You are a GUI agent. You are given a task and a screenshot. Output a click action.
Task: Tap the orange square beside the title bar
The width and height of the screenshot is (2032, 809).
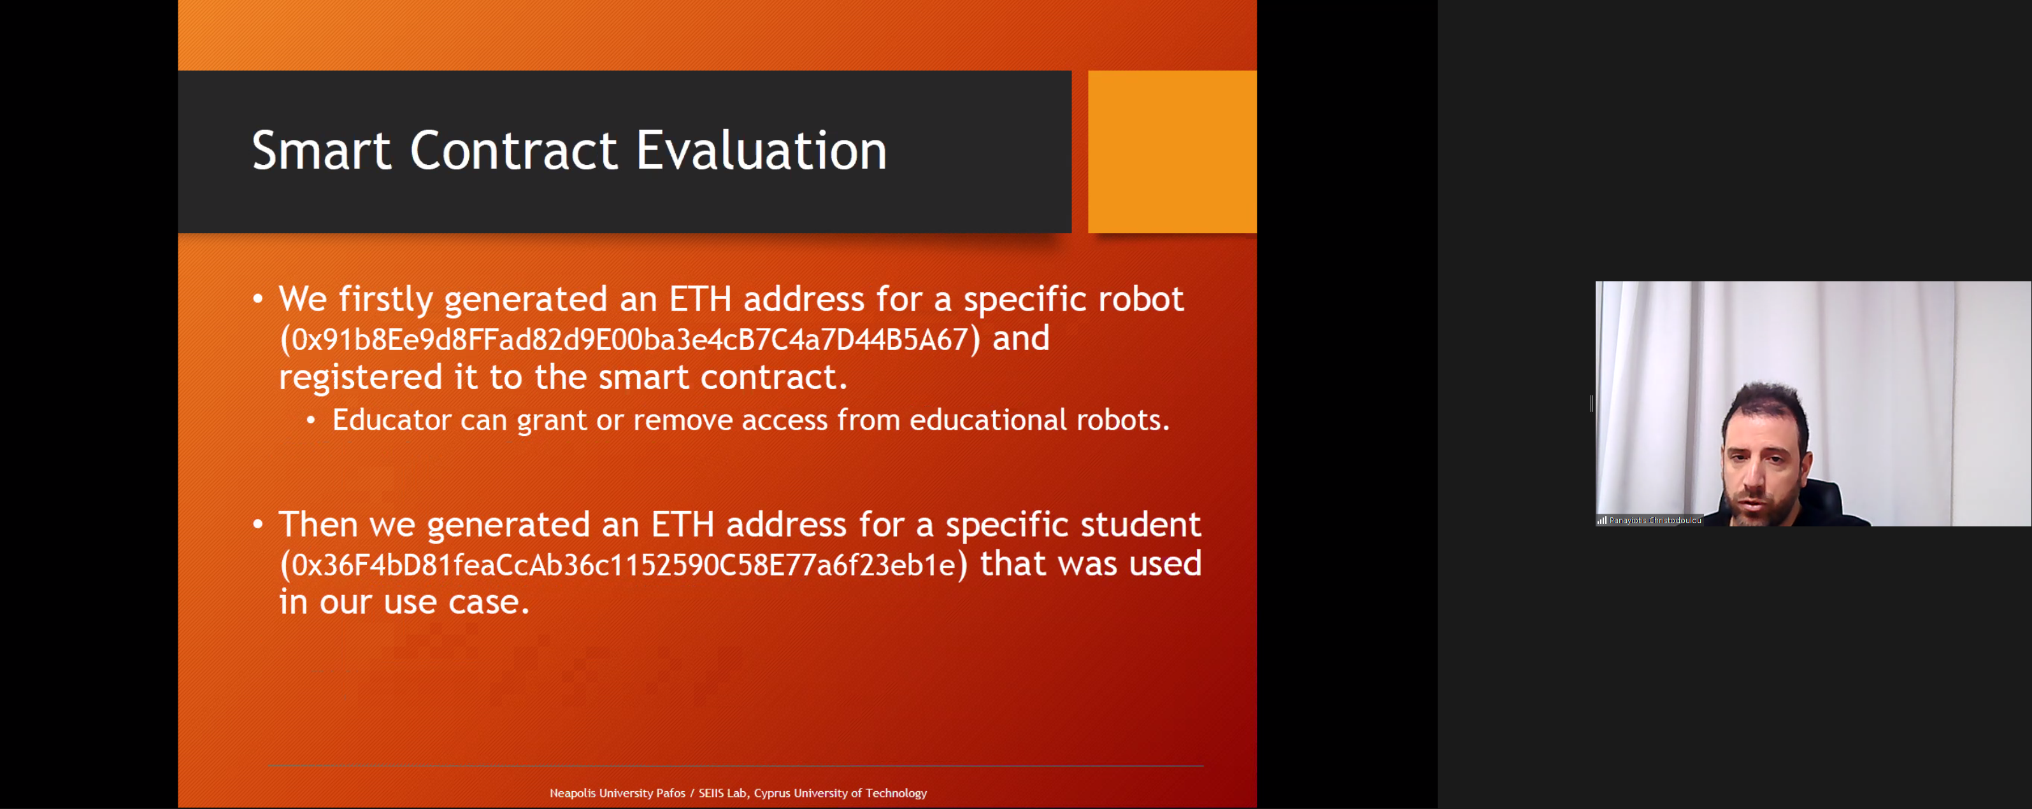click(1172, 151)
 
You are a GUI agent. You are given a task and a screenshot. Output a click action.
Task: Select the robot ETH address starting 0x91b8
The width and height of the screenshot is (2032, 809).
click(629, 340)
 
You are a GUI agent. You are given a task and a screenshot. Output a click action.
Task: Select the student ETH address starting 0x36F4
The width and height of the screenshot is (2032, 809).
click(623, 565)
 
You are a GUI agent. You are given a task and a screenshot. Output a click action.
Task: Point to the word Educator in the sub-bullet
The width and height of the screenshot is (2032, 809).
click(391, 419)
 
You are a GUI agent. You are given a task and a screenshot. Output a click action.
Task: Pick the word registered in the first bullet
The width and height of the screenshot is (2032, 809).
click(361, 377)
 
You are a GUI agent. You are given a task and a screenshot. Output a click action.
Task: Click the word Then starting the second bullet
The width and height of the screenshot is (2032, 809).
click(318, 524)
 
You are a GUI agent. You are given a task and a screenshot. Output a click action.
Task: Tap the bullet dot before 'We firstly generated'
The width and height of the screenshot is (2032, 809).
click(257, 299)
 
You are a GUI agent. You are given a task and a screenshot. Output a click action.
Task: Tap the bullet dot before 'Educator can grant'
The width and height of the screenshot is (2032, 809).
click(311, 420)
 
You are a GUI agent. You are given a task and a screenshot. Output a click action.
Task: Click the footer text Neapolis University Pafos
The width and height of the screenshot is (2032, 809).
click(618, 793)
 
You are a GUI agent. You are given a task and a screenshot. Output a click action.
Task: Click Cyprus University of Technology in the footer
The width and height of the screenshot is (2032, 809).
click(840, 793)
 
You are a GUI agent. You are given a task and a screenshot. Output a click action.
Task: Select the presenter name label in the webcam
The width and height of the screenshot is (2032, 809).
click(1655, 521)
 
